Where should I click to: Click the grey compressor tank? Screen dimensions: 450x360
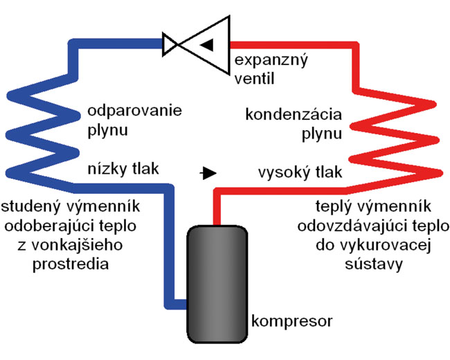(x=217, y=285)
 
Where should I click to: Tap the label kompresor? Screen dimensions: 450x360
(x=291, y=321)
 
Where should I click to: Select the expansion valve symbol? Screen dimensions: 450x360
(x=197, y=45)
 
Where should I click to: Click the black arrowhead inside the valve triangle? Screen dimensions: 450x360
(x=207, y=44)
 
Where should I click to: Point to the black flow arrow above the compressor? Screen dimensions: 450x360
(x=208, y=173)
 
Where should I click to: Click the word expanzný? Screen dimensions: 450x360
(x=271, y=61)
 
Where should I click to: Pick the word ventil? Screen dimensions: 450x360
(x=254, y=78)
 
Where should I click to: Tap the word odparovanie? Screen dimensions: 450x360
(x=134, y=111)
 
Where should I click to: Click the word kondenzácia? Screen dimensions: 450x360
(x=294, y=114)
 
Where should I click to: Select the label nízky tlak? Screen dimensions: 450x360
(x=123, y=169)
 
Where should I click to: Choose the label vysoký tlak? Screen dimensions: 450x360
(x=300, y=172)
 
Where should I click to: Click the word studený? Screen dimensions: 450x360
(x=31, y=207)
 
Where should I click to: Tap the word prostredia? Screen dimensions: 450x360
(x=71, y=264)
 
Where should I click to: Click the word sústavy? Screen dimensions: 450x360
(x=374, y=264)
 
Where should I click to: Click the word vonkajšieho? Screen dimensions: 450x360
(x=77, y=246)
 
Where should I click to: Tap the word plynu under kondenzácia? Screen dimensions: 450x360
(x=322, y=134)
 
